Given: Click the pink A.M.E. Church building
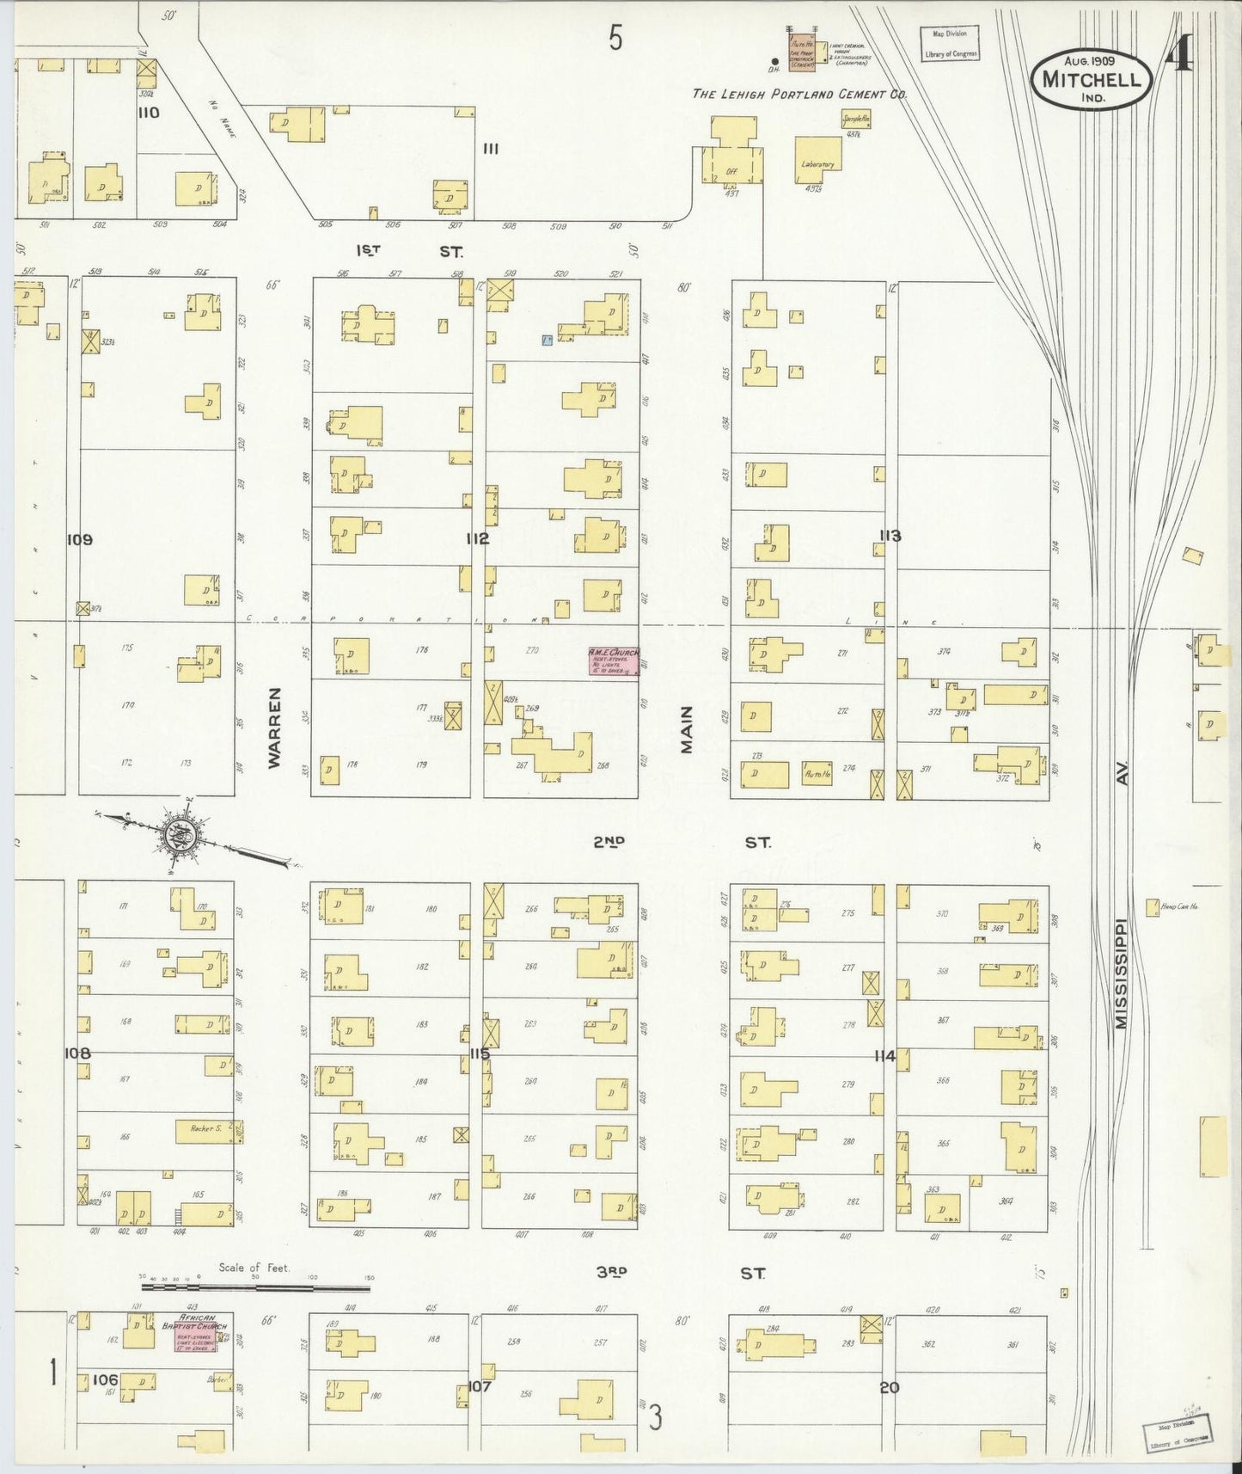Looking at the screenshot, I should [614, 660].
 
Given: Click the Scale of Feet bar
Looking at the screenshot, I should [255, 1287].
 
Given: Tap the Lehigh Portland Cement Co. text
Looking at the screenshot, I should [799, 95].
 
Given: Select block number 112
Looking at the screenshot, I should [478, 539].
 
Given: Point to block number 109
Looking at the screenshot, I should [78, 540].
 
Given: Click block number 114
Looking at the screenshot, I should [884, 1056].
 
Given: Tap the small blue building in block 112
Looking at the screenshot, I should [546, 341].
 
